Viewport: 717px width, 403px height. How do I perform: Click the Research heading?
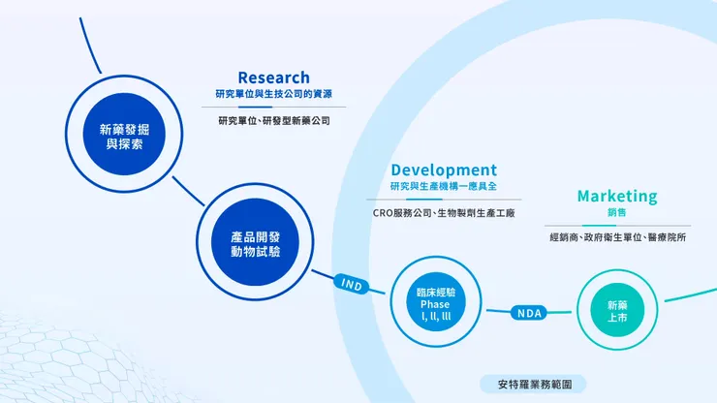pyautogui.click(x=274, y=77)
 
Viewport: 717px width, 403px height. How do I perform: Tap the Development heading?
pyautogui.click(x=444, y=170)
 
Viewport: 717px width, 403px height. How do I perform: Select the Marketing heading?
pyautogui.click(x=617, y=196)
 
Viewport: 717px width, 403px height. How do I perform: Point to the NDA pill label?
pyautogui.click(x=529, y=312)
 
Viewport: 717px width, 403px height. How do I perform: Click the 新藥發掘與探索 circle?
pyautogui.click(x=125, y=136)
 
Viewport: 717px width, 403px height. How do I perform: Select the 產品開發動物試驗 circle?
pyautogui.click(x=256, y=243)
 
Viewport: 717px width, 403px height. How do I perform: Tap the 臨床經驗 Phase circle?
pyautogui.click(x=435, y=304)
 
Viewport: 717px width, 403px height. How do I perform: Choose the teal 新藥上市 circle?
pyautogui.click(x=616, y=311)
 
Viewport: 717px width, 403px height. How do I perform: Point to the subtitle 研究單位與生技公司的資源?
pyautogui.click(x=274, y=95)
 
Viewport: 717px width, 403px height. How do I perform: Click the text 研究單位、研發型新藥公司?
pyautogui.click(x=274, y=121)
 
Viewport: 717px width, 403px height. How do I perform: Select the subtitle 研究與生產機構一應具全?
pyautogui.click(x=443, y=186)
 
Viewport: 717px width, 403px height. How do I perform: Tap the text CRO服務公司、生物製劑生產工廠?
pyautogui.click(x=443, y=212)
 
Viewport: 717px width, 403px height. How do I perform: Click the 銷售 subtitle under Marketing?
pyautogui.click(x=617, y=212)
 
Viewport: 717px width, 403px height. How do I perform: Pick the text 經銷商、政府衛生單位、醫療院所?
pyautogui.click(x=617, y=237)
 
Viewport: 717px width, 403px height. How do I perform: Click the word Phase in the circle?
pyautogui.click(x=435, y=304)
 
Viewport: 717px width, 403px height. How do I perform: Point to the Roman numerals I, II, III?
pyautogui.click(x=435, y=316)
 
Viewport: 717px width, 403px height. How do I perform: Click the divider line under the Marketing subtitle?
pyautogui.click(x=617, y=225)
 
